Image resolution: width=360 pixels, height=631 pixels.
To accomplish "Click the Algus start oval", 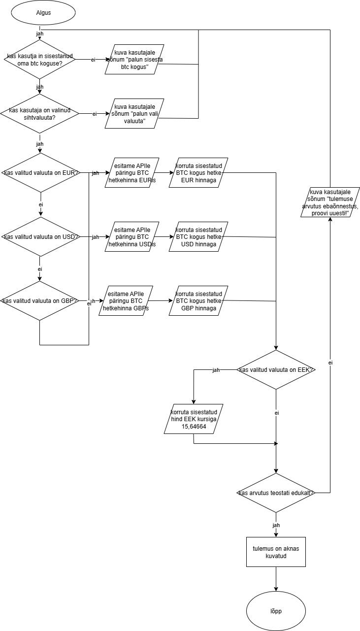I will (x=43, y=12).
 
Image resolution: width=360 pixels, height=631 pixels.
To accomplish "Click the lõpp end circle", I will (x=276, y=611).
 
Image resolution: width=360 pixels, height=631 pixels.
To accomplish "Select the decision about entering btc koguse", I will (x=39, y=59).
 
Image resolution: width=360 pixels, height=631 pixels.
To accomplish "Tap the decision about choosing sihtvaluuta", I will (x=39, y=114).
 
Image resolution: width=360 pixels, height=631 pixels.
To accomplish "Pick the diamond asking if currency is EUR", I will (x=39, y=173).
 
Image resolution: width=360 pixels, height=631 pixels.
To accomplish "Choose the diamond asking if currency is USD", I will (x=39, y=237).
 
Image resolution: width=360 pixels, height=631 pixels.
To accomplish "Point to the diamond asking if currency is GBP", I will (x=39, y=301).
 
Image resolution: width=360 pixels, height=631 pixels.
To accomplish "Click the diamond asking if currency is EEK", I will (x=276, y=369).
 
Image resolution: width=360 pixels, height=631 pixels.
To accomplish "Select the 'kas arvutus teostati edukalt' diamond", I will (x=276, y=493).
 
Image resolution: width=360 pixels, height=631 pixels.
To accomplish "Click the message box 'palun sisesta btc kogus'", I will (x=134, y=60).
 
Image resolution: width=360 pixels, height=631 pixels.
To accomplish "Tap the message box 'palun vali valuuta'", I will (x=134, y=114).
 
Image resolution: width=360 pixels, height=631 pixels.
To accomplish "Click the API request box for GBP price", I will (x=126, y=301).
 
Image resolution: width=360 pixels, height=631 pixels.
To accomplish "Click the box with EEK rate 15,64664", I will (x=194, y=419).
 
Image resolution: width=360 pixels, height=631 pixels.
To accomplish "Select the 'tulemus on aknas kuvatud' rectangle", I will (x=276, y=552).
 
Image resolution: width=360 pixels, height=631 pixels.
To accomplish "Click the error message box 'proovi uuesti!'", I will (x=330, y=202).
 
